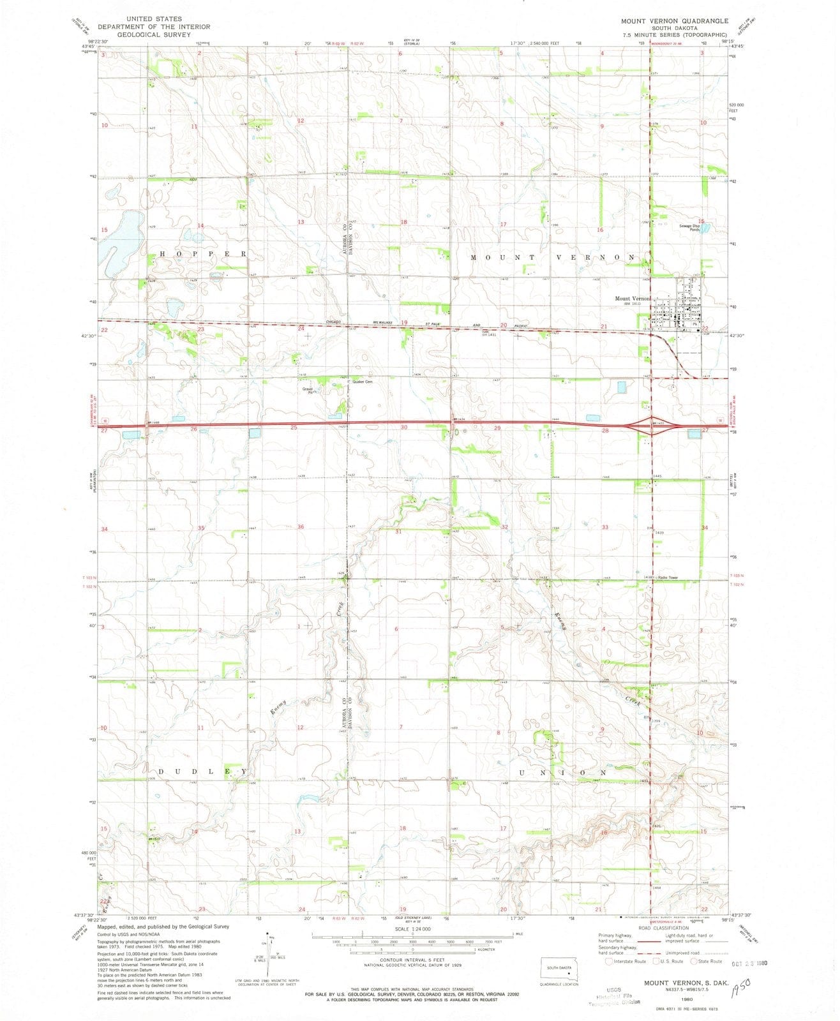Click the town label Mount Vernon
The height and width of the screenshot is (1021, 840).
[x=631, y=299]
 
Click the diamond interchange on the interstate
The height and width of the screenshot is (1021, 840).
[x=650, y=428]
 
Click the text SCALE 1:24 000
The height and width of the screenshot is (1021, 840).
[x=412, y=928]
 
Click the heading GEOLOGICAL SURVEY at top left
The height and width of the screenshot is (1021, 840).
[x=153, y=35]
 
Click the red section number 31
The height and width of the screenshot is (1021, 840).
[x=398, y=531]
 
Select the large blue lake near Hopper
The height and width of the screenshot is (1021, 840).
[x=124, y=236]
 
